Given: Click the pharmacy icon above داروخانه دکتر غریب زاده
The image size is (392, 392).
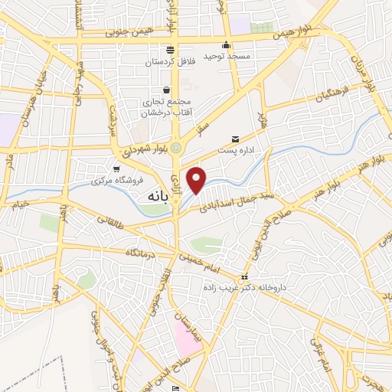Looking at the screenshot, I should point(244,276).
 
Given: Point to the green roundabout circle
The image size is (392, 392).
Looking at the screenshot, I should point(176,147).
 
